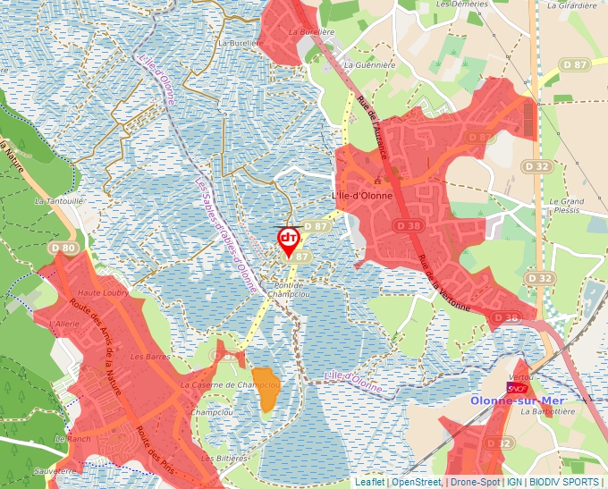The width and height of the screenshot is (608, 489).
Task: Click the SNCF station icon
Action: pyautogui.click(x=516, y=389)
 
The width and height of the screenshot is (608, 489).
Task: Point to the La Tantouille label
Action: pyautogui.click(x=59, y=201)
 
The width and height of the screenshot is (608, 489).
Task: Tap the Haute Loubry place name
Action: pyautogui.click(x=104, y=292)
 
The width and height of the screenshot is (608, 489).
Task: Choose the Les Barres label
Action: pyautogui.click(x=150, y=356)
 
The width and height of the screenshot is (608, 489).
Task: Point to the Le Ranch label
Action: pyautogui.click(x=72, y=439)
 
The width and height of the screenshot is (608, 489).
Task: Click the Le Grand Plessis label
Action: pyautogui.click(x=566, y=207)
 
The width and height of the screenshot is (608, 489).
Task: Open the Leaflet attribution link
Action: pyautogui.click(x=369, y=482)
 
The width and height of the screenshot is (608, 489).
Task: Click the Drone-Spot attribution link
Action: pyautogui.click(x=475, y=482)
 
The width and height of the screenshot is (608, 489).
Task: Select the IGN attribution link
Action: pyautogui.click(x=514, y=482)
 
